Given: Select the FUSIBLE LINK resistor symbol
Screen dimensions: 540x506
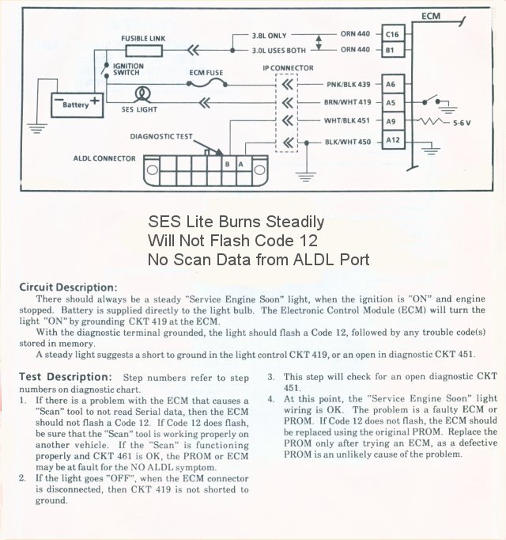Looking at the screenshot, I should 142,51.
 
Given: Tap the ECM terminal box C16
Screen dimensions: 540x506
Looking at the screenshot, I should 391,34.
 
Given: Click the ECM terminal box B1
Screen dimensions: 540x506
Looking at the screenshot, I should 391,50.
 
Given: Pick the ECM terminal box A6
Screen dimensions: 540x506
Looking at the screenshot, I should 391,84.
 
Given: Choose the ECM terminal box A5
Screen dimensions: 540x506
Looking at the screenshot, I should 391,102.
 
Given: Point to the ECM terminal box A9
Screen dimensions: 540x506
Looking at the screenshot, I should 391,121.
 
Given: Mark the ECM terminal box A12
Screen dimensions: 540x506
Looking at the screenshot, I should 391,141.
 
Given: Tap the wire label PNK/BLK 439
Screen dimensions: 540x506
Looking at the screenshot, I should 347,84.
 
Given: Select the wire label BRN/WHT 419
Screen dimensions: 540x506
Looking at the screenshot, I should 347,102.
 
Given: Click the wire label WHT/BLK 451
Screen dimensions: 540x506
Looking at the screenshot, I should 347,121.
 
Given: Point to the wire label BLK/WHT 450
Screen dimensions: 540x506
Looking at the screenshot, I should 347,141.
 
